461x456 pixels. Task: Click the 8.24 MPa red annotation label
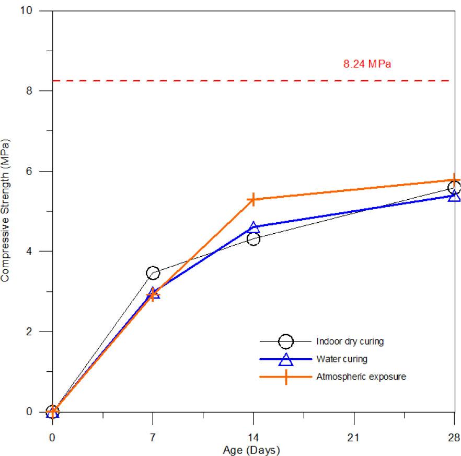tap(367, 64)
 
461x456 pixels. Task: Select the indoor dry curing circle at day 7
tap(153, 273)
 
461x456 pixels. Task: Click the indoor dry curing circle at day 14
tap(253, 239)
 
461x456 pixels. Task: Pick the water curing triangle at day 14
tap(253, 227)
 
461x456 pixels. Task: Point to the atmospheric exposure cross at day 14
tap(253, 199)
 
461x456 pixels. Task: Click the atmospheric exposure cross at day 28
tap(454, 179)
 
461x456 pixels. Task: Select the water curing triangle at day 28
tap(454, 196)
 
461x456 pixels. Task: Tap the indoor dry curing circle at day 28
tap(454, 188)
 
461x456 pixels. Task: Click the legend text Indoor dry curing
tap(350, 341)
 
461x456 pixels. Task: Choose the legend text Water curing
tap(341, 359)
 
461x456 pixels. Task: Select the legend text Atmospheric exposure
tap(361, 376)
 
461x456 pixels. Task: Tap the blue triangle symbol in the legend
tap(285, 359)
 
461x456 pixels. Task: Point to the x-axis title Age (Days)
tap(251, 450)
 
